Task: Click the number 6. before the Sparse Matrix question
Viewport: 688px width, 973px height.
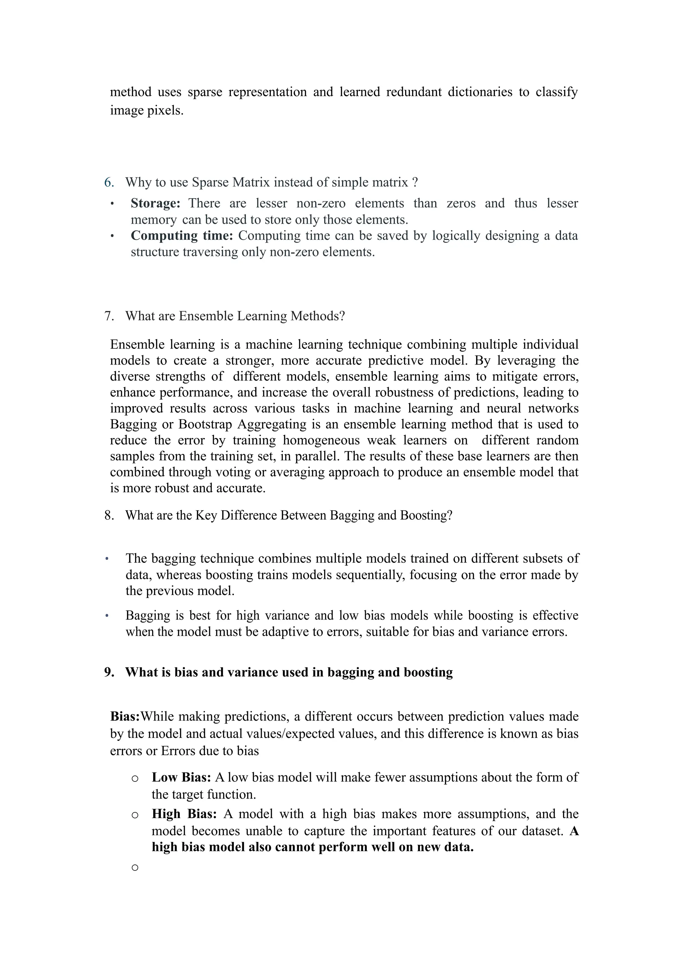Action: (x=109, y=183)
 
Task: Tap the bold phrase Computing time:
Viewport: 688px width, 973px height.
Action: (x=182, y=236)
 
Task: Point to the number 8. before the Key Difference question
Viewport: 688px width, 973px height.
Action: (x=109, y=516)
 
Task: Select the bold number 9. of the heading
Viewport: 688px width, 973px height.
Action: (x=109, y=673)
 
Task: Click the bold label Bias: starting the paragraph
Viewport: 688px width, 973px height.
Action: (x=125, y=717)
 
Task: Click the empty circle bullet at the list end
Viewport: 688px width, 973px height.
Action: (x=135, y=868)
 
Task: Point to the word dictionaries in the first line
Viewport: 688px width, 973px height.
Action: (x=480, y=92)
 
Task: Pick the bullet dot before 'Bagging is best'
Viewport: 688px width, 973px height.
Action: (x=107, y=616)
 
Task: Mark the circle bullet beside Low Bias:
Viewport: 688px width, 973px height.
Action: (x=135, y=778)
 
